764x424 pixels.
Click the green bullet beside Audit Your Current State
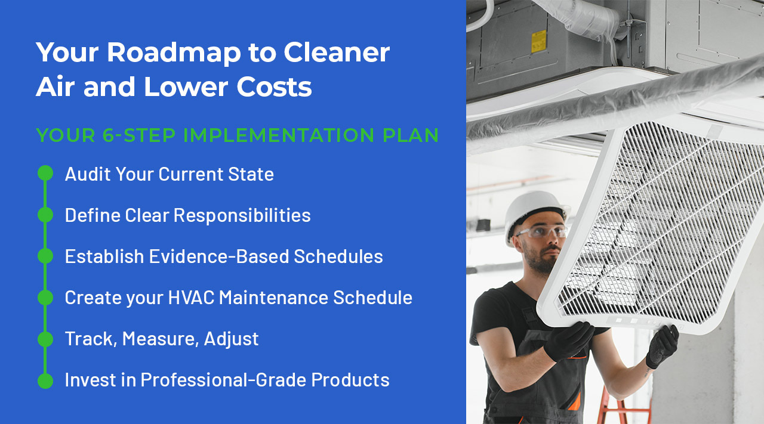point(45,174)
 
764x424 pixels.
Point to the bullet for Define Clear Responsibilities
point(45,215)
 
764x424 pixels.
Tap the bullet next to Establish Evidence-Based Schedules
point(45,256)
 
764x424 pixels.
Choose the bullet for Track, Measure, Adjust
point(45,339)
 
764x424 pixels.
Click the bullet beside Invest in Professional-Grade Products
point(45,380)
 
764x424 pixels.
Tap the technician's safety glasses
point(540,232)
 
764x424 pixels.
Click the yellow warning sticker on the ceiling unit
point(539,41)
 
